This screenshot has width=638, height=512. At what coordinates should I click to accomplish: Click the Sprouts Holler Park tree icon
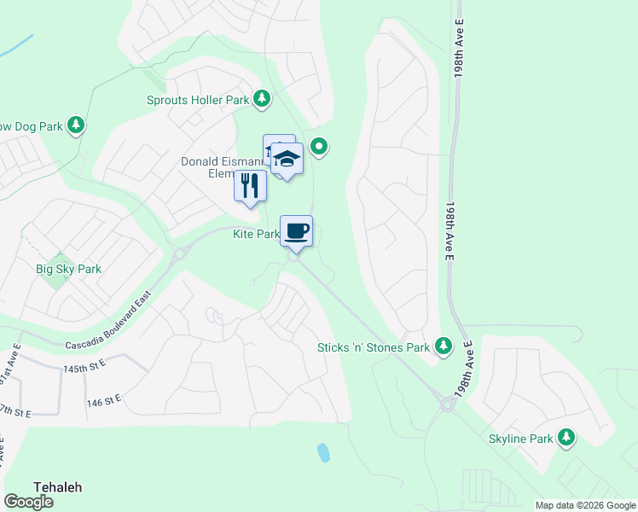[263, 100]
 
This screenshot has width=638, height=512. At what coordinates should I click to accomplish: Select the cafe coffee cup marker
[296, 231]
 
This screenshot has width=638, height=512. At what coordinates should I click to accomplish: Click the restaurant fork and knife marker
[250, 186]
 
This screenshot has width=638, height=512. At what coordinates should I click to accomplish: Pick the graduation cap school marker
[287, 159]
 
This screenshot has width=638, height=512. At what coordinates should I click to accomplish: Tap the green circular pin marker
[319, 148]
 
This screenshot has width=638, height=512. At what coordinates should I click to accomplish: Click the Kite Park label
[256, 234]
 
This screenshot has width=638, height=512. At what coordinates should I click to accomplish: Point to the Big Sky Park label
[68, 269]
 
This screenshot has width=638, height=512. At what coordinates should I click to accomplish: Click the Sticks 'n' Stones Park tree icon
[443, 346]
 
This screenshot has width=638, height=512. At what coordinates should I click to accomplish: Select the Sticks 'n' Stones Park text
[373, 347]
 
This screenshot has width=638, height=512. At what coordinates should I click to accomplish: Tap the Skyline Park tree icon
[566, 438]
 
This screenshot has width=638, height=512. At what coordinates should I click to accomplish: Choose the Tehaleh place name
[57, 486]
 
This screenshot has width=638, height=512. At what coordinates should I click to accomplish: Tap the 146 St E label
[104, 399]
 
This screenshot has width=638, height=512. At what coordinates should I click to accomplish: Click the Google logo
[28, 502]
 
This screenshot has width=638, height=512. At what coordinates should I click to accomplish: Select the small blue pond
[323, 452]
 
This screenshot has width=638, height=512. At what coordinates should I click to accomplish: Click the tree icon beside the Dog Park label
[76, 125]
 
